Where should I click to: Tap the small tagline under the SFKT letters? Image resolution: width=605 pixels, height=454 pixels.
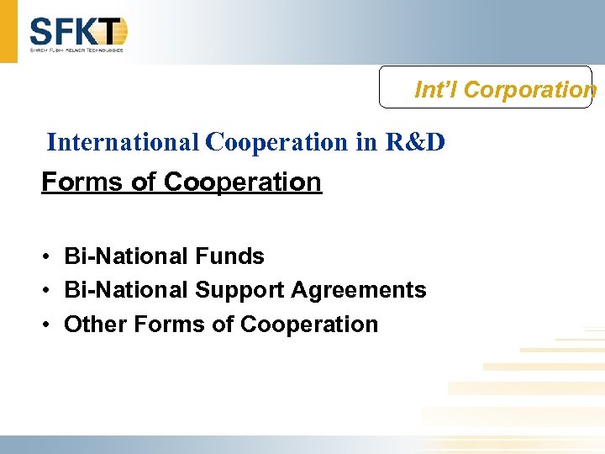pyautogui.click(x=77, y=50)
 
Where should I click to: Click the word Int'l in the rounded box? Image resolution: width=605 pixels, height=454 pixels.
pyautogui.click(x=436, y=89)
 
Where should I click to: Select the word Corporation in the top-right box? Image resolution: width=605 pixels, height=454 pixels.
pyautogui.click(x=530, y=89)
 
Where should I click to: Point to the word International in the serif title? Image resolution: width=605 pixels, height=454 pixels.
pyautogui.click(x=124, y=142)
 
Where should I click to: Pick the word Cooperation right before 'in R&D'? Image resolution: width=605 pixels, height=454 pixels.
pyautogui.click(x=277, y=142)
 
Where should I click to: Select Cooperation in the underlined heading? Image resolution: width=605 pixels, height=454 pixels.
pyautogui.click(x=243, y=182)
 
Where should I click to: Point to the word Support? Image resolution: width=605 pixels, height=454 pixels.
pyautogui.click(x=239, y=290)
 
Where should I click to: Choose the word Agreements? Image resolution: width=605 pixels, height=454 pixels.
pyautogui.click(x=359, y=290)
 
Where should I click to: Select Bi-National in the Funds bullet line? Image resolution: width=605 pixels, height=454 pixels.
pyautogui.click(x=126, y=256)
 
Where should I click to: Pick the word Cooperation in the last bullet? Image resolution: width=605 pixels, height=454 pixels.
pyautogui.click(x=309, y=324)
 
